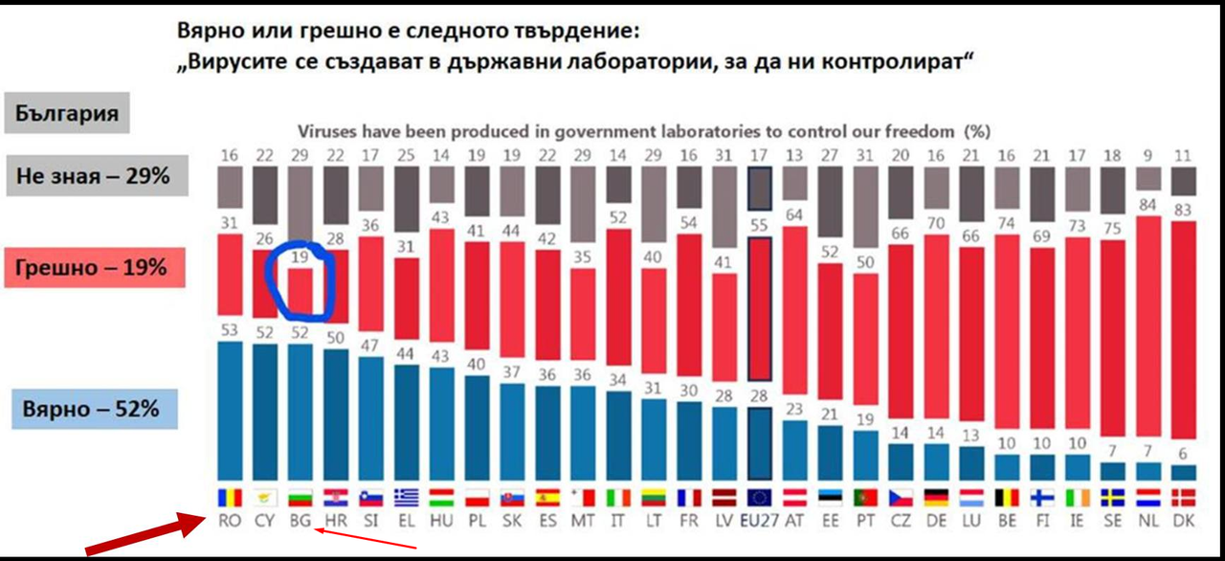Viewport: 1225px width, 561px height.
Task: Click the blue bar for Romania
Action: (x=230, y=412)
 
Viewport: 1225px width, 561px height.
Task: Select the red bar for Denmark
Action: (x=1184, y=329)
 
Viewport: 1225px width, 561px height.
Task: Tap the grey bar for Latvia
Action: (x=724, y=207)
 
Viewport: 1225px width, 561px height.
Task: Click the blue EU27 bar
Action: (x=760, y=443)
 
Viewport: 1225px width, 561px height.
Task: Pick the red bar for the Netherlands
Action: (x=1148, y=325)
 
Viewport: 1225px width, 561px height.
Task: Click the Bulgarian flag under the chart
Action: (x=301, y=498)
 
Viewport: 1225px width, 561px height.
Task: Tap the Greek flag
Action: (x=407, y=498)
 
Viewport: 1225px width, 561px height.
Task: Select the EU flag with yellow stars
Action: (x=760, y=498)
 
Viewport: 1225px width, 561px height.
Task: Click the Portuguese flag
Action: (x=866, y=498)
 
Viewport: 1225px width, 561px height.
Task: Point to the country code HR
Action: (x=336, y=521)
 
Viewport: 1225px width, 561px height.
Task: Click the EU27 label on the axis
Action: (x=760, y=521)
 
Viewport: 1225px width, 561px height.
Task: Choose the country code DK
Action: (x=1184, y=521)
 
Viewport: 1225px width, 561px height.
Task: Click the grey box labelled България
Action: (x=67, y=113)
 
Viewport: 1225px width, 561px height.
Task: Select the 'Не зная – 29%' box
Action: (x=98, y=175)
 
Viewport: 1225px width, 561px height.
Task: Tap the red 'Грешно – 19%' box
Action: (x=95, y=267)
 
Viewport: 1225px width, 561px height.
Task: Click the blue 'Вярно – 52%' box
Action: (x=95, y=409)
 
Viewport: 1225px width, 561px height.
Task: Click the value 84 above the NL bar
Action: (x=1147, y=205)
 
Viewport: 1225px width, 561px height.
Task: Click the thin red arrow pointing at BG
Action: (x=366, y=538)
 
